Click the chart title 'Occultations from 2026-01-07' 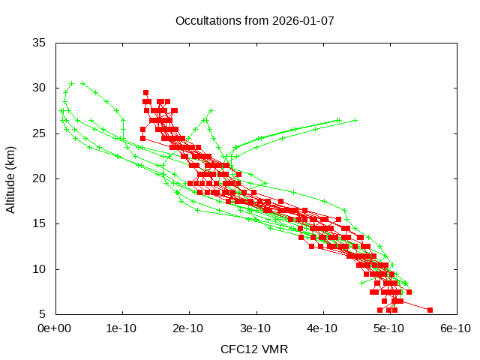point(254,20)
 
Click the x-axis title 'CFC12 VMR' point(254,349)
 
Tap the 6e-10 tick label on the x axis point(455,328)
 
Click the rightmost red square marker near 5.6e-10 point(430,310)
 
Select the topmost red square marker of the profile point(145,93)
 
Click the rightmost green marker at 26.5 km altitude point(355,120)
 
